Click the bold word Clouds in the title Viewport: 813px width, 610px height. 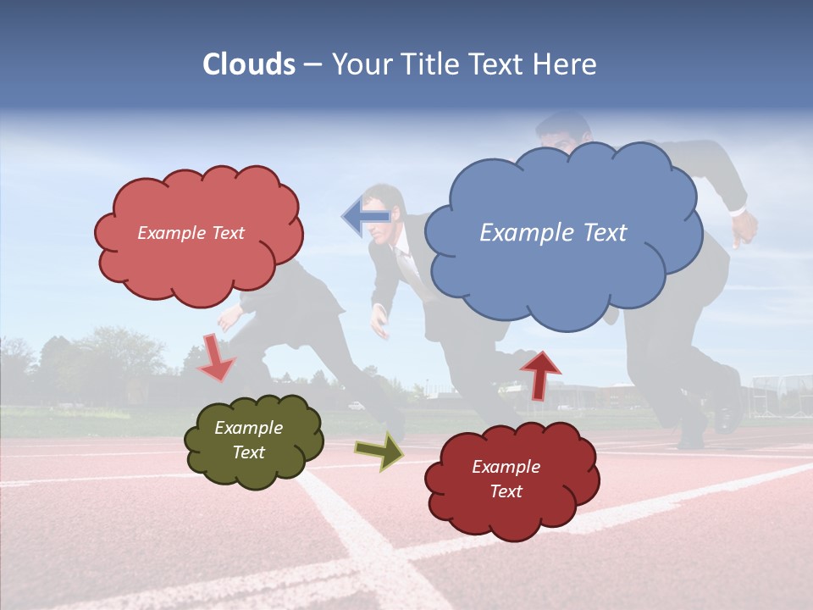(249, 64)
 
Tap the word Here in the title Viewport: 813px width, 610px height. (566, 64)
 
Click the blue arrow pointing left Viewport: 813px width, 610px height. (366, 217)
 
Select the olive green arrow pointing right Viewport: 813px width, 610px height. (379, 452)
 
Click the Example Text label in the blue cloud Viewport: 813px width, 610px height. (553, 232)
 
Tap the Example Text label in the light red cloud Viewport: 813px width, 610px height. (191, 232)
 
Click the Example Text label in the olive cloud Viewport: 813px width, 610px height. (248, 440)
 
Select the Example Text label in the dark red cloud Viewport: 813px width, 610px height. (506, 479)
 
